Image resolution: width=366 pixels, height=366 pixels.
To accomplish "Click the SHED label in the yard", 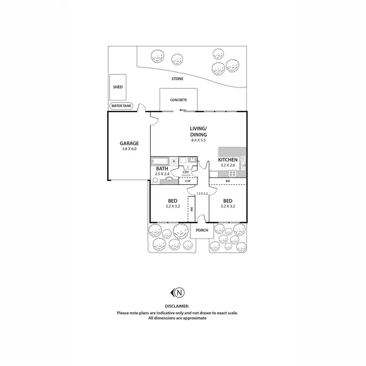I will point(118,87).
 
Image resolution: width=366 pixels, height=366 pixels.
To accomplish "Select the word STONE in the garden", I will point(177,79).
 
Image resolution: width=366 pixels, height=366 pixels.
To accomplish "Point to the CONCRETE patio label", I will point(178,100).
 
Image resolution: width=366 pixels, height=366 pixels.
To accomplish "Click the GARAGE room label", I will point(129,143).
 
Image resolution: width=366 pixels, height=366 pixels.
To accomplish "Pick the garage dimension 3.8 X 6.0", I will point(129,149).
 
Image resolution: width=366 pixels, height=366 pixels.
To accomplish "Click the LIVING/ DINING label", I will point(199,132).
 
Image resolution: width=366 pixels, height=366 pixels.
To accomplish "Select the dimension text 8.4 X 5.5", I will point(199,141).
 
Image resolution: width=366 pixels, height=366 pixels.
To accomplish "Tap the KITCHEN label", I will point(227,160).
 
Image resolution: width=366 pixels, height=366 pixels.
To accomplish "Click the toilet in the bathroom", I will point(155,180).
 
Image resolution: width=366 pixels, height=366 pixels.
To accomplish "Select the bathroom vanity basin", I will point(170,179).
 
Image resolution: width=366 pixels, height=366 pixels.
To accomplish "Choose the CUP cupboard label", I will point(187,181).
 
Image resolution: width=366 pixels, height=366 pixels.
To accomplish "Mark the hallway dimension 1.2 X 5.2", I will point(202,194).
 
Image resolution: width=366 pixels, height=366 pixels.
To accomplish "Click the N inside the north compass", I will point(180,293).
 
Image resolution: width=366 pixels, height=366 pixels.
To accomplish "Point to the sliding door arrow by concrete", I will point(182,110).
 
